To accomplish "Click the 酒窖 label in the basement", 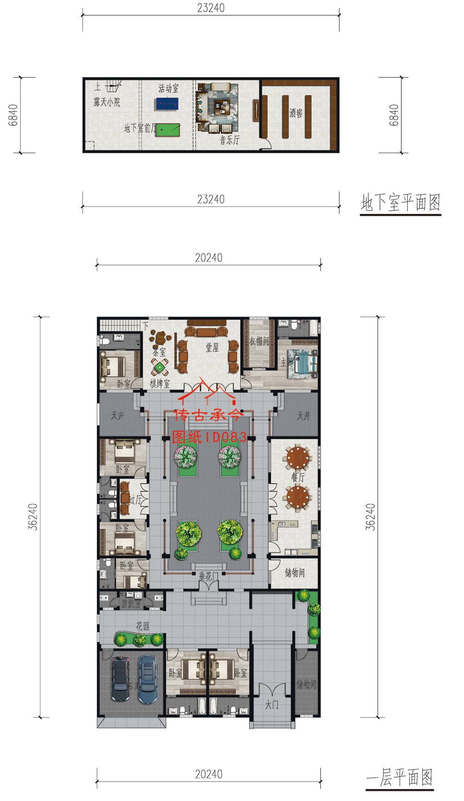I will (x=296, y=112).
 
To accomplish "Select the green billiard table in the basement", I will (x=168, y=128).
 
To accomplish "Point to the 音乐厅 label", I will (x=230, y=140).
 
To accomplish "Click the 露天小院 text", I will (x=107, y=102).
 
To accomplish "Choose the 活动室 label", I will (x=168, y=88).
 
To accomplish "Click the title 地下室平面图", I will (x=400, y=203).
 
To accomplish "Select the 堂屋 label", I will (x=213, y=347).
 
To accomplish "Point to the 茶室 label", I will (x=158, y=352).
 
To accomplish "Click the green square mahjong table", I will (x=160, y=368).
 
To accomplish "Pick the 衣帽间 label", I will (x=259, y=341).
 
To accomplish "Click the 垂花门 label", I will (x=208, y=576).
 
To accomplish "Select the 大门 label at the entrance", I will (x=272, y=705).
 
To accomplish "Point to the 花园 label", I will (x=143, y=627).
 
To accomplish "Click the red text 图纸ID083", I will (x=209, y=437).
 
